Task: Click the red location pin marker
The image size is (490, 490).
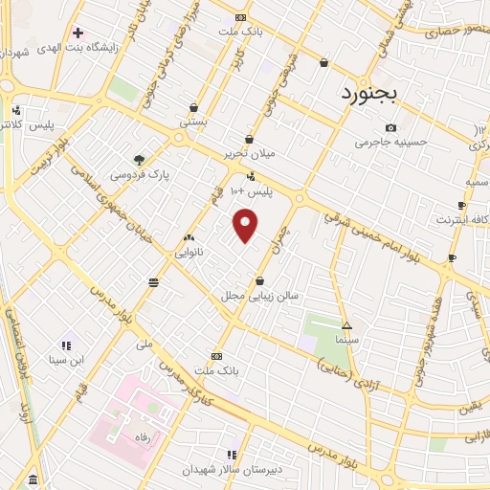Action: coord(246,226)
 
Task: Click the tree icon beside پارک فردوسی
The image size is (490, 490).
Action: coord(140,160)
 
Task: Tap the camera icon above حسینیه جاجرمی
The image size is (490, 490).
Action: coord(390,128)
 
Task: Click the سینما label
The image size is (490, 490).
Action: coord(346,340)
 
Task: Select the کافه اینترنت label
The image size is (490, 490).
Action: coord(463,219)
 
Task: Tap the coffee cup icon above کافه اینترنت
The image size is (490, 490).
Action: coord(463,205)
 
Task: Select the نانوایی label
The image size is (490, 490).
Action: coord(188,253)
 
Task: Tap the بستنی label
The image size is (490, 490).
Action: coord(193,122)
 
